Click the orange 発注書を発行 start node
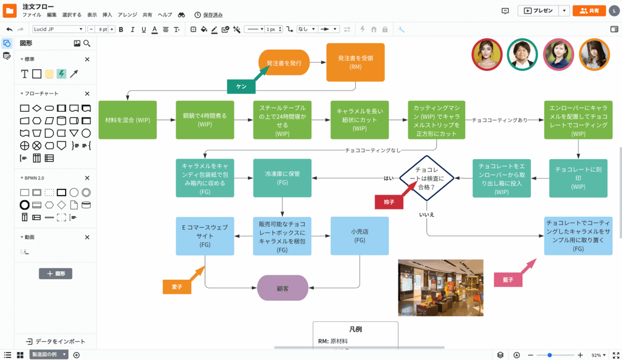[x=284, y=63]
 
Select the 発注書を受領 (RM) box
[x=355, y=62]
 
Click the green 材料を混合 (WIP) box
[x=128, y=120]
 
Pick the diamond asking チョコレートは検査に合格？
[x=426, y=178]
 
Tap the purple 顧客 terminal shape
[x=282, y=288]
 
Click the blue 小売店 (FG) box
[x=360, y=236]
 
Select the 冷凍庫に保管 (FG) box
[x=282, y=178]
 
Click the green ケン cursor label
[x=241, y=87]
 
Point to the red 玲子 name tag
[x=389, y=202]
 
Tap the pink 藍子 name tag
[x=508, y=280]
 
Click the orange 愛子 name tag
[x=177, y=287]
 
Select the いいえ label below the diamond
[x=426, y=214]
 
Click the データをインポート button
[x=55, y=341]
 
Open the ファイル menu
[x=32, y=15]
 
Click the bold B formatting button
[x=121, y=29]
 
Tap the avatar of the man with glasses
[x=522, y=54]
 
